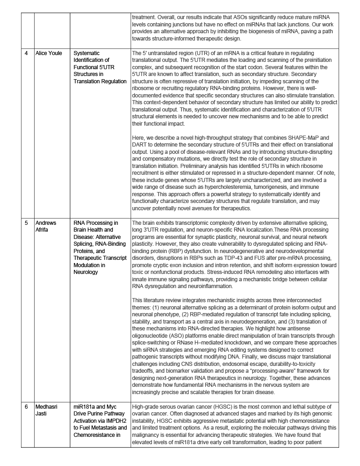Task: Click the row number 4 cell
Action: tap(26, 53)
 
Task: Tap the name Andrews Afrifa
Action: tap(47, 227)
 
